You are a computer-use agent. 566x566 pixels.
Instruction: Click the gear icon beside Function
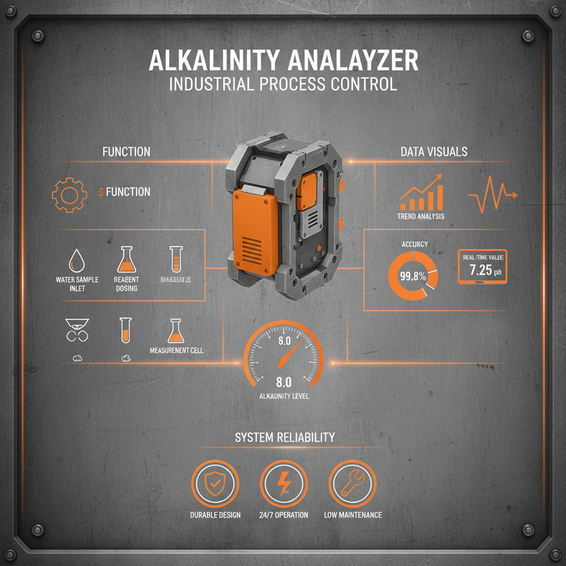[70, 195]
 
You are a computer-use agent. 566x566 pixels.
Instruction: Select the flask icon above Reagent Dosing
[127, 258]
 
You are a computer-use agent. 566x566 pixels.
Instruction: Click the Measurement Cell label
[176, 350]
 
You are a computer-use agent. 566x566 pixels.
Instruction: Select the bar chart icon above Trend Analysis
[423, 193]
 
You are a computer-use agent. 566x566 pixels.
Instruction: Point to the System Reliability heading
[285, 437]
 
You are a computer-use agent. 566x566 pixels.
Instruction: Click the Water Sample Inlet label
[77, 284]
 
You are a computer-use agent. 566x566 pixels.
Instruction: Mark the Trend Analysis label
[421, 216]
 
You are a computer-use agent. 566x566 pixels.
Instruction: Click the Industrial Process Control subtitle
[283, 85]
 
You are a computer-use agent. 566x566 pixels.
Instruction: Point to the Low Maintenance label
[353, 515]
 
